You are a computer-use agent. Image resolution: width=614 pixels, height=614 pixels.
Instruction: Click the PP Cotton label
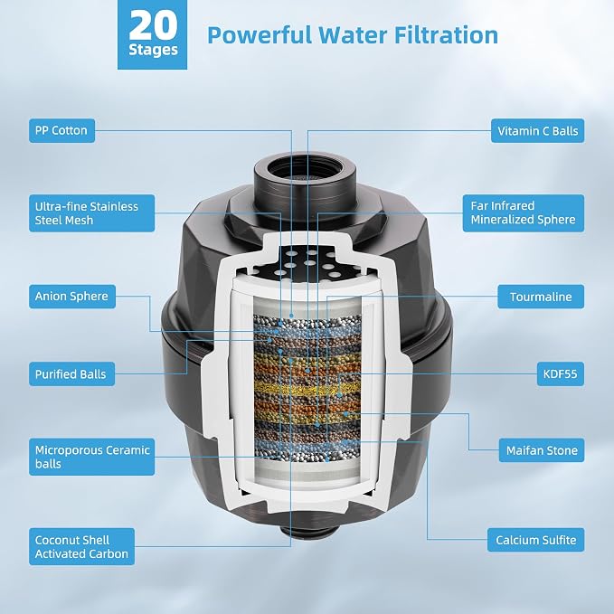coord(61,131)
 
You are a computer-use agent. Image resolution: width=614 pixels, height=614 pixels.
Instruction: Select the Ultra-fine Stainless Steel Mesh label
coord(91,213)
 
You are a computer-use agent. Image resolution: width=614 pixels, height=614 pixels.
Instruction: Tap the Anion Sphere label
coord(72,297)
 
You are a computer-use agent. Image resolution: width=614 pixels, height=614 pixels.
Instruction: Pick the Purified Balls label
coord(71,374)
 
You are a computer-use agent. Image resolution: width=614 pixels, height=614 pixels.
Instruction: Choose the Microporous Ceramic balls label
coord(91,457)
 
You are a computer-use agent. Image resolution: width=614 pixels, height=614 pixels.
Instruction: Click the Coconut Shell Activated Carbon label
coord(82,547)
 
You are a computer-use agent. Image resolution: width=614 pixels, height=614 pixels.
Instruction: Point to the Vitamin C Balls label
coord(538,131)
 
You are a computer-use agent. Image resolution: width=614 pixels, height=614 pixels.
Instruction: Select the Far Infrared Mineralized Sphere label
coord(524,213)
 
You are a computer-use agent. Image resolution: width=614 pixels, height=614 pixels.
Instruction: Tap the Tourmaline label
coord(541,297)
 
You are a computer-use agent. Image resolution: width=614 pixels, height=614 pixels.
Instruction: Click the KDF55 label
coord(561,374)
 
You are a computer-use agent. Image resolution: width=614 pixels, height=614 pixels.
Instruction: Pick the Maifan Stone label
coord(542,450)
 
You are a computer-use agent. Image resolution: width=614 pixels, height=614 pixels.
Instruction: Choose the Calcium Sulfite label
coord(535,540)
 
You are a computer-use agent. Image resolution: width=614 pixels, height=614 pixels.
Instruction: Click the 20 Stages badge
coord(152,34)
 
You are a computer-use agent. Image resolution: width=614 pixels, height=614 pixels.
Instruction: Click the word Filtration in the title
coord(446,35)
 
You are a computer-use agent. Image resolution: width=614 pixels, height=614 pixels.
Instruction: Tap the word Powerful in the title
coord(260,35)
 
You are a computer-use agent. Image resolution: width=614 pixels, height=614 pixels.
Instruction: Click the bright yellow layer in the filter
coord(307,389)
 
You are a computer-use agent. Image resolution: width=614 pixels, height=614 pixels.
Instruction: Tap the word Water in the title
coord(354,35)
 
